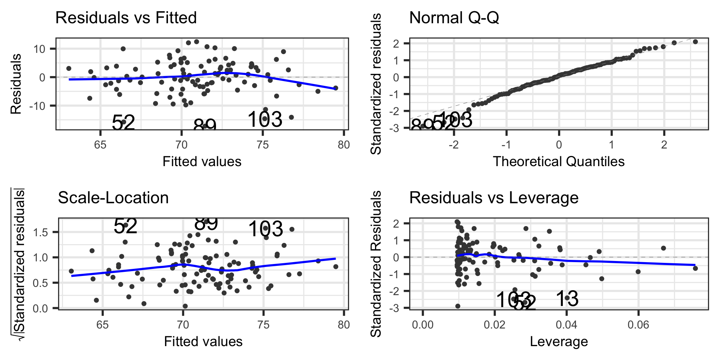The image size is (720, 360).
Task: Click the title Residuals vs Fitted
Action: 126,18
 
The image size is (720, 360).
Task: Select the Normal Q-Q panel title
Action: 454,18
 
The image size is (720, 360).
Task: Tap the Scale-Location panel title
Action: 113,198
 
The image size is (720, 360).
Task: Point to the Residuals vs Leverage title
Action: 493,198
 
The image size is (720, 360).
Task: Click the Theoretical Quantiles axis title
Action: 558,161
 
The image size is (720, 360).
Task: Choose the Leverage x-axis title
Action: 558,341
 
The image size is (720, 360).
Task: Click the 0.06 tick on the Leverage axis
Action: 638,324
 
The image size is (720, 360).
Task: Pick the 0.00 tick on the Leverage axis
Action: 423,324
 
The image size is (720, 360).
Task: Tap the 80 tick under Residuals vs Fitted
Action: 343,145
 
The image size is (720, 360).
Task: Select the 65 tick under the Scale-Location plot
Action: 102,324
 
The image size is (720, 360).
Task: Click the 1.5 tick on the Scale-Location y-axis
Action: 40,232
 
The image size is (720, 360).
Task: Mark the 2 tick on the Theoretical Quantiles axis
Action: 664,145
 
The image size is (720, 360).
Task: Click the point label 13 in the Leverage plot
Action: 567,299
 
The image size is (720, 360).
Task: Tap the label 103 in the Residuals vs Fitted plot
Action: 265,119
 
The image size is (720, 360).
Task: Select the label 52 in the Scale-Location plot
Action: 125,226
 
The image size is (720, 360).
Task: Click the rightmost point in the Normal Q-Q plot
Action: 695,42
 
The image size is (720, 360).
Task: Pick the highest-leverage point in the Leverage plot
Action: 695,268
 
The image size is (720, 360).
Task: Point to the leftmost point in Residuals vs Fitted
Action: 69,69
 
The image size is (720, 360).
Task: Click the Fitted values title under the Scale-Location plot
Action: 203,341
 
